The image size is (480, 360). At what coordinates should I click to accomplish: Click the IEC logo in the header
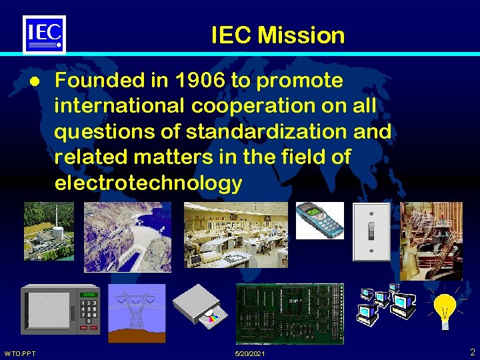pyautogui.click(x=45, y=33)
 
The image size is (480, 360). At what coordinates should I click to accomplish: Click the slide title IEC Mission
pyautogui.click(x=277, y=35)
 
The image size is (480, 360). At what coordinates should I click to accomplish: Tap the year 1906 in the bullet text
pyautogui.click(x=192, y=81)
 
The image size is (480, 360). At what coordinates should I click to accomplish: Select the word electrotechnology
pyautogui.click(x=148, y=183)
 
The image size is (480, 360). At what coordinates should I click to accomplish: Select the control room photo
pyautogui.click(x=235, y=235)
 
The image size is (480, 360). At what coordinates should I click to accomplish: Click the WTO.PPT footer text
pyautogui.click(x=21, y=353)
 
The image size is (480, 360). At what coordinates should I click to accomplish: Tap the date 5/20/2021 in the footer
pyautogui.click(x=250, y=353)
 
